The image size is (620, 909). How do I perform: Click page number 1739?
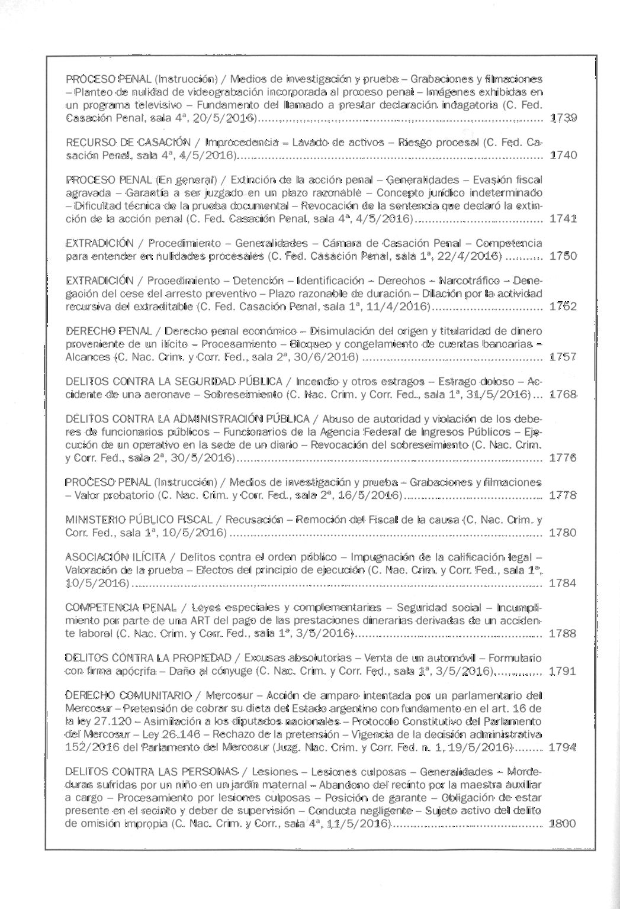pos(563,117)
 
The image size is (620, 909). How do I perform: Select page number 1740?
pos(563,155)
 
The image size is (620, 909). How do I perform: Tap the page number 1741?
pos(563,218)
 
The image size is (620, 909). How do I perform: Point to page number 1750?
pos(563,256)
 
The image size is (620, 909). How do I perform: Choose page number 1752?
pos(563,307)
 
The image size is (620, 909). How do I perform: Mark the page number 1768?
pos(563,394)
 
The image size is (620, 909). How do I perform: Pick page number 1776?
pos(563,457)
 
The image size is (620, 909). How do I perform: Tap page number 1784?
pos(563,583)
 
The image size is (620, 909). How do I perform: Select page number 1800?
pos(563,823)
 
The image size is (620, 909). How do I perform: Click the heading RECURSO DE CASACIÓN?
pos(128,143)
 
